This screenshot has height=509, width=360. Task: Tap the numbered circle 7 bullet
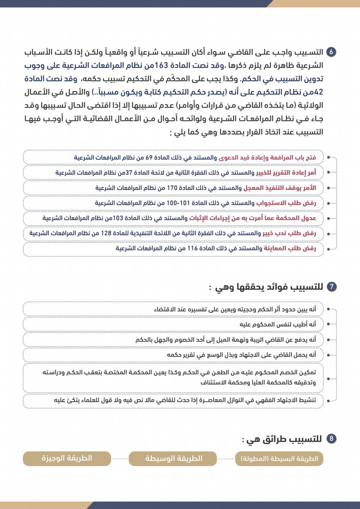(332, 287)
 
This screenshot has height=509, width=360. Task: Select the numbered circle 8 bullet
(332, 439)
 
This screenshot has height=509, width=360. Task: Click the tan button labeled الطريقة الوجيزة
(67, 459)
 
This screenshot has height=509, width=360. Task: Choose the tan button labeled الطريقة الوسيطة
(173, 459)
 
